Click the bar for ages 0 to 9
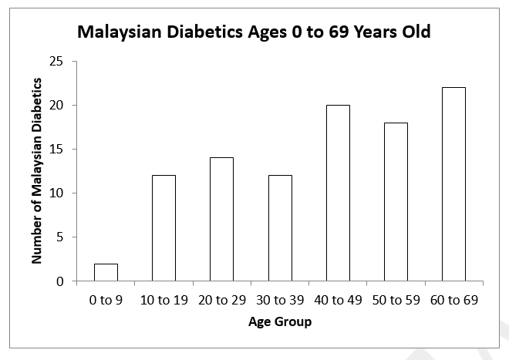click(106, 273)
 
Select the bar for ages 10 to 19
click(163, 228)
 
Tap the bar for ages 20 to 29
click(221, 220)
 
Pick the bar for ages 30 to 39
click(280, 228)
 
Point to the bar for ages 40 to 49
click(338, 193)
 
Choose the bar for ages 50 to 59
click(396, 202)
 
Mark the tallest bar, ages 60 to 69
click(453, 184)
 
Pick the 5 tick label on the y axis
click(58, 237)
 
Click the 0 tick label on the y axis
click(58, 281)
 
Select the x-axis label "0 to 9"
click(106, 300)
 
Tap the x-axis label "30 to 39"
click(280, 300)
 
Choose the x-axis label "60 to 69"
click(453, 300)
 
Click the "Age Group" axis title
click(280, 321)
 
